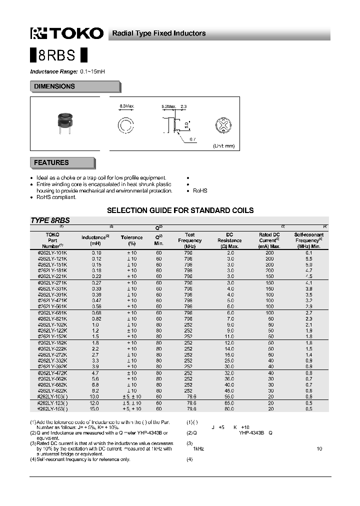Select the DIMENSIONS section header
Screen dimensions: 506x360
click(54, 86)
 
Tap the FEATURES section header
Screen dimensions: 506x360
click(51, 162)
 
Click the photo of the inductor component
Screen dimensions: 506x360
click(64, 123)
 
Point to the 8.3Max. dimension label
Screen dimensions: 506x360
click(127, 106)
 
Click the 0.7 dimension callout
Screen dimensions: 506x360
click(193, 139)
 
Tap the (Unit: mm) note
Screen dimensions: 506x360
click(223, 145)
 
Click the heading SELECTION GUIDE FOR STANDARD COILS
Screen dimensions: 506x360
click(180, 210)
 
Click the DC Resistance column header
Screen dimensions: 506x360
click(230, 240)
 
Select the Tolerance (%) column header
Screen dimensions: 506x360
click(132, 240)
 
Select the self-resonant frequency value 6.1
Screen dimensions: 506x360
click(309, 253)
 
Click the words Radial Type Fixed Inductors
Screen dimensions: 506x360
click(158, 33)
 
